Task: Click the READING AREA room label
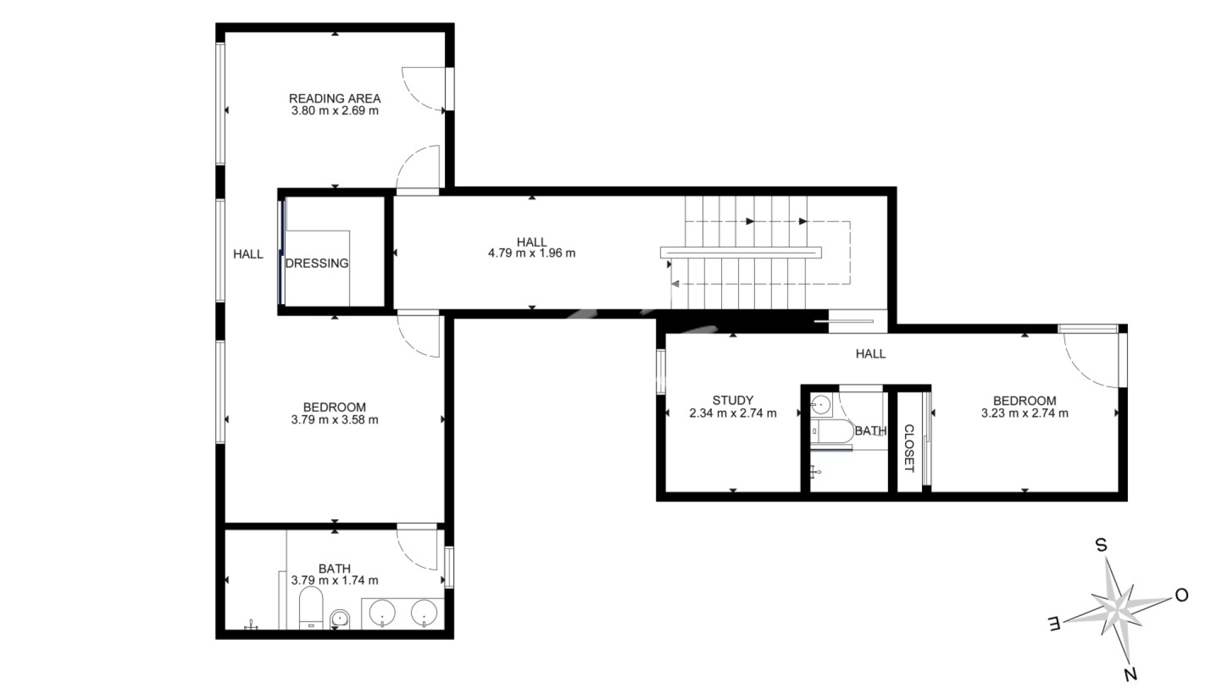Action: (x=335, y=98)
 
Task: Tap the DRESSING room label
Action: (x=317, y=263)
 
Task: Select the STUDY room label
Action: (x=733, y=400)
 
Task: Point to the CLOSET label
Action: (x=909, y=448)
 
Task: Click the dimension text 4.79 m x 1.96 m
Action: (x=532, y=253)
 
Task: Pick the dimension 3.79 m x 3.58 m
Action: (x=335, y=420)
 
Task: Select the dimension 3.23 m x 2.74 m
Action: (x=1024, y=413)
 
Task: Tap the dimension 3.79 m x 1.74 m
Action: (x=335, y=581)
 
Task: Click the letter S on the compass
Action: (x=1101, y=545)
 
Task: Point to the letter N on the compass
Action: (x=1130, y=674)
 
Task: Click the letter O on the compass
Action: (x=1182, y=595)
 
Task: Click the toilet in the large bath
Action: (x=311, y=607)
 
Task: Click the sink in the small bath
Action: (x=820, y=406)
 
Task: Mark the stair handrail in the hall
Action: (x=741, y=252)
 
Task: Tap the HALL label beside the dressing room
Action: (x=248, y=254)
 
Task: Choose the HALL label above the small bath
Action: (x=870, y=354)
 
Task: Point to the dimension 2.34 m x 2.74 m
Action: (x=733, y=413)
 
